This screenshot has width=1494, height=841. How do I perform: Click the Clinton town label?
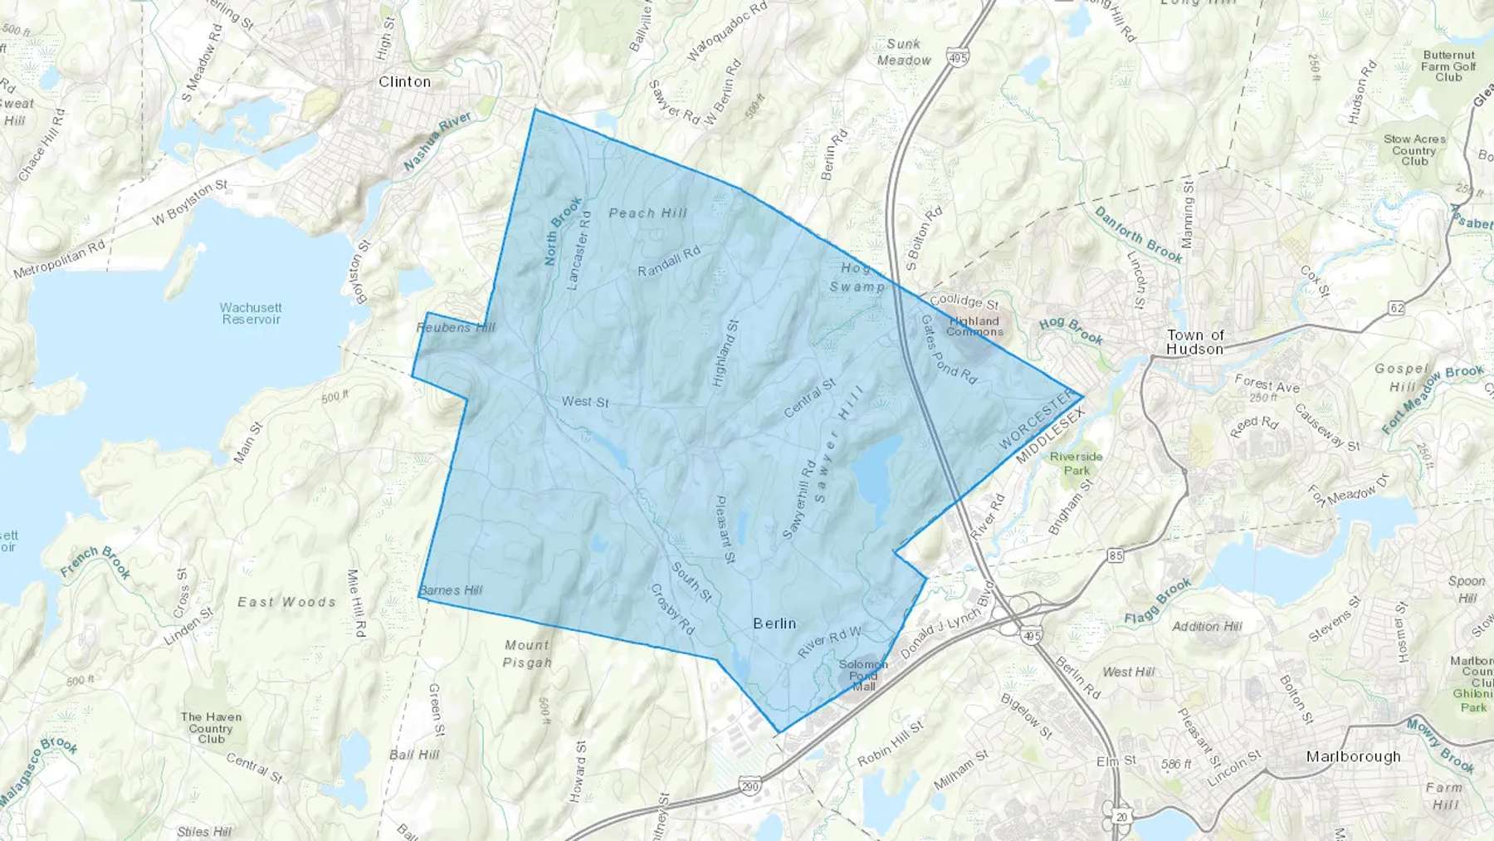pos(404,81)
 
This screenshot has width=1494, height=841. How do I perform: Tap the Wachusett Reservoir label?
pos(251,313)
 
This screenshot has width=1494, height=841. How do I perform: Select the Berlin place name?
pos(774,623)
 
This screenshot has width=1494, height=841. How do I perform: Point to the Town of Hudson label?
pos(1195,342)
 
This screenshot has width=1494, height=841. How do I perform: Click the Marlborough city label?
pos(1353,756)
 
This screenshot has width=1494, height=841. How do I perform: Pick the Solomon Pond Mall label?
pos(863,675)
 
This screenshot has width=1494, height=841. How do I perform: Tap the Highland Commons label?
pos(974,326)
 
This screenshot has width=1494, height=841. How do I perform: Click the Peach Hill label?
pos(648,213)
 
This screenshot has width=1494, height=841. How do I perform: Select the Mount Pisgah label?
pos(527,653)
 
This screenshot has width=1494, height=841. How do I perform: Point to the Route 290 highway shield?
pos(750,786)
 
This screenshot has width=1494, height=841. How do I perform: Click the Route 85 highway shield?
pos(1115,555)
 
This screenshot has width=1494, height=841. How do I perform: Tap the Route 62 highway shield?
pos(1397,308)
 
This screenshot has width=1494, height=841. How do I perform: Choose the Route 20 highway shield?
pos(1122,817)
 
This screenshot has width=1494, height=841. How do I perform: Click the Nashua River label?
pos(437,142)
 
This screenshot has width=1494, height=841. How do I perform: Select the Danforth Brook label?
pos(1138,234)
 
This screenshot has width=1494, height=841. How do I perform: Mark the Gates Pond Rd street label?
pos(949,349)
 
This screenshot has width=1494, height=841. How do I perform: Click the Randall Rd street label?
pos(669,261)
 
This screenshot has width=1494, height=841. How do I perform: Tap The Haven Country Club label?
pos(211,727)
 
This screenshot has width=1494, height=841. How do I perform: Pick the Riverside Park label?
pos(1077,463)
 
